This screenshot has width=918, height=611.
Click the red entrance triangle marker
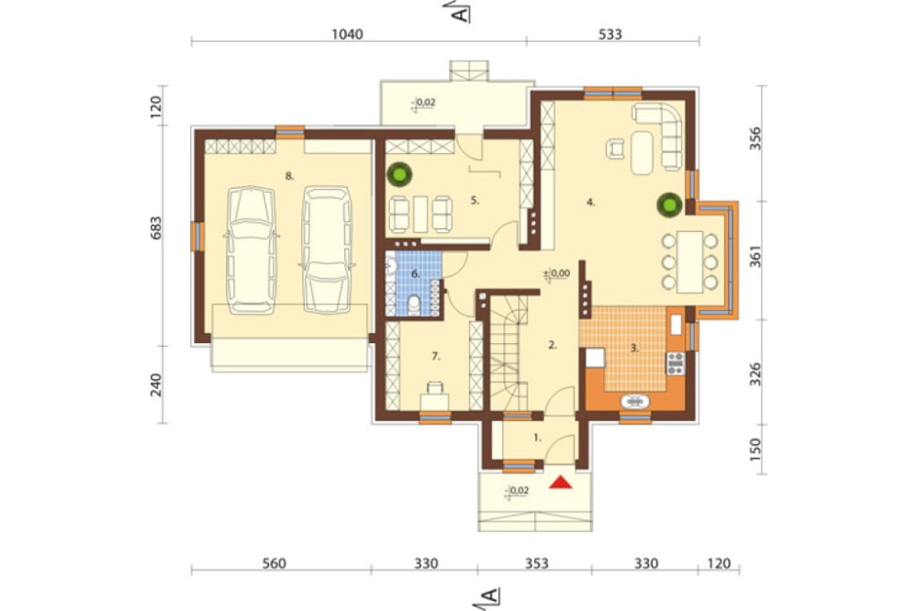click(x=561, y=483)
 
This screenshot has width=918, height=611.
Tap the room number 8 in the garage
click(x=289, y=175)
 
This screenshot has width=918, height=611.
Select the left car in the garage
click(x=252, y=250)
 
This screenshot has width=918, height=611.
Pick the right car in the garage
click(x=327, y=250)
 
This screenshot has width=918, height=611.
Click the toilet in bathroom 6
click(x=414, y=305)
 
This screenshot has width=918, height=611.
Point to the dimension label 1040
click(x=347, y=35)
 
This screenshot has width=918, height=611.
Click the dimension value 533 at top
click(x=610, y=35)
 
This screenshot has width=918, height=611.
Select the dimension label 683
click(x=156, y=228)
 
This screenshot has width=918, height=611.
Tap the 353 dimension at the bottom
click(x=536, y=563)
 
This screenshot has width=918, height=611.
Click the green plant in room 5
click(x=400, y=173)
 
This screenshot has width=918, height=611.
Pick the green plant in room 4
click(x=669, y=205)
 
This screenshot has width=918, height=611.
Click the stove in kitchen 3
click(x=676, y=363)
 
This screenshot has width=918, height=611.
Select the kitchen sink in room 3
click(x=634, y=402)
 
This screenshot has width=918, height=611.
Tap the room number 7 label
click(x=435, y=356)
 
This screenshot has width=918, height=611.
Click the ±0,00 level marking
click(x=556, y=273)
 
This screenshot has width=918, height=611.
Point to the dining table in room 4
click(x=689, y=262)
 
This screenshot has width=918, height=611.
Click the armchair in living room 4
click(x=615, y=148)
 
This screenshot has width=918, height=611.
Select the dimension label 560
click(x=274, y=563)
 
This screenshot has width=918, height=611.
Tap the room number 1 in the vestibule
click(x=538, y=437)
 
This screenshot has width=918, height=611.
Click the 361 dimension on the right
click(x=756, y=257)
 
